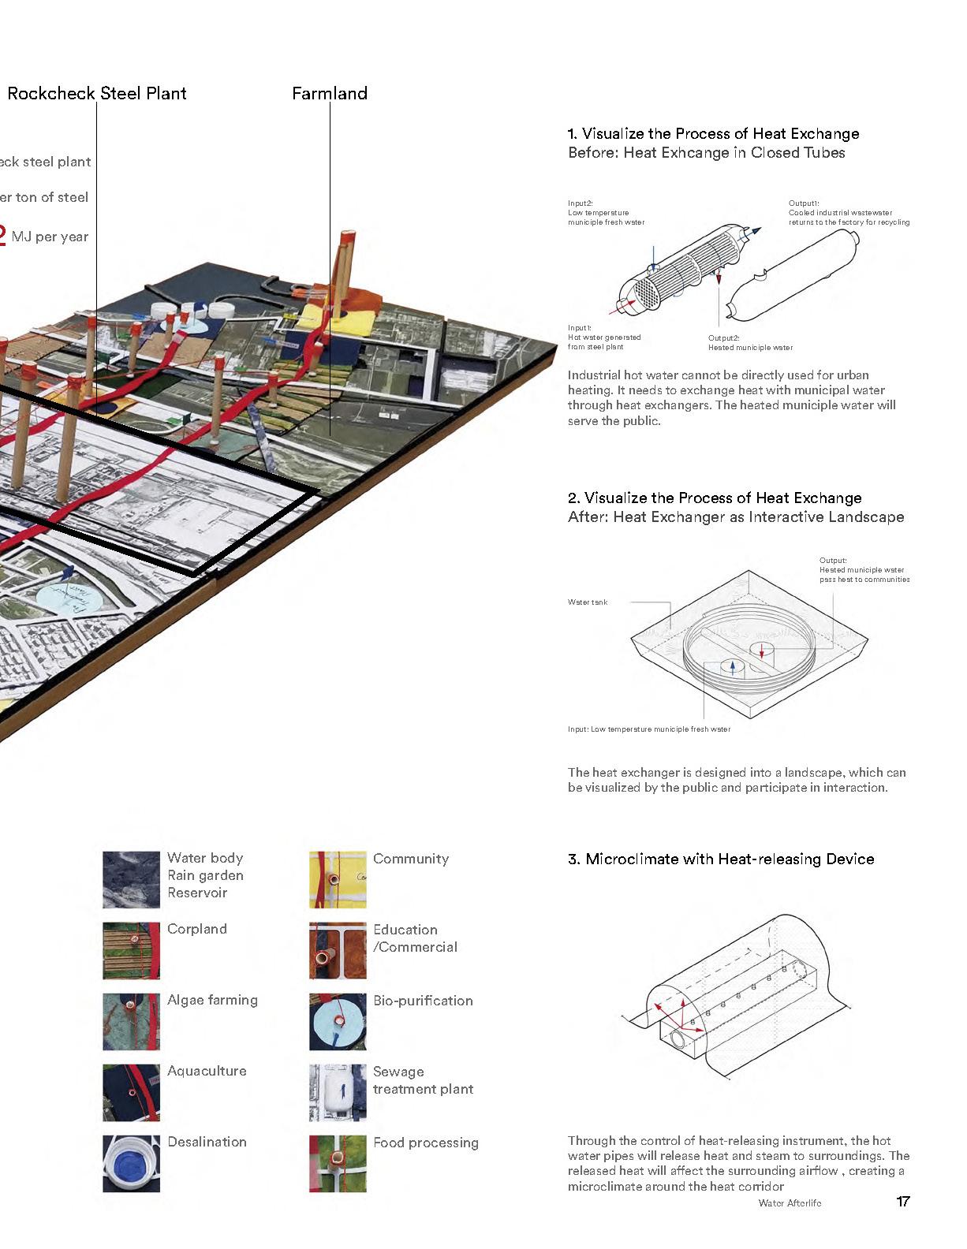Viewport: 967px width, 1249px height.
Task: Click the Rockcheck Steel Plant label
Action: tap(97, 93)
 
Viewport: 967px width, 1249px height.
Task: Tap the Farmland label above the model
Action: tap(330, 93)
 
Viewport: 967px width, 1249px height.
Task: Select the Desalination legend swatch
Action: tap(131, 1164)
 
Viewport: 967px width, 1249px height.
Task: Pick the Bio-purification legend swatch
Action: tap(338, 1022)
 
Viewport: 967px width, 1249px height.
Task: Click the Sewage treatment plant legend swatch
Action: tap(338, 1093)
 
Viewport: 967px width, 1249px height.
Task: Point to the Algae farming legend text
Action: tap(212, 1000)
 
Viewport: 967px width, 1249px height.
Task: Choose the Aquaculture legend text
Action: tap(207, 1071)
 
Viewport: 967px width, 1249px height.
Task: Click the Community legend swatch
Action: tap(338, 879)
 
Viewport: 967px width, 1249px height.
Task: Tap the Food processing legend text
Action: tap(426, 1143)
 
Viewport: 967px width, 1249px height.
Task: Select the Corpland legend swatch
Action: tap(131, 950)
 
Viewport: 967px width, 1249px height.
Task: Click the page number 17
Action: tap(903, 1202)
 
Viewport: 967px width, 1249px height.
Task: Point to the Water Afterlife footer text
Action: tap(790, 1203)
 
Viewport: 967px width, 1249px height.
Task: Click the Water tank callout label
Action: tap(588, 602)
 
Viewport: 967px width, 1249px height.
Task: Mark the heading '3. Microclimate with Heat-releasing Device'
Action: tap(721, 859)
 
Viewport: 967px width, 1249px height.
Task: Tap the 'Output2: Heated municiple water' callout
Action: tap(750, 343)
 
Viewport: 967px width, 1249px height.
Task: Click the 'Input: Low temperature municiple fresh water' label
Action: tap(648, 729)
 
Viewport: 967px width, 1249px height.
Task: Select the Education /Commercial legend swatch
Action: tap(338, 950)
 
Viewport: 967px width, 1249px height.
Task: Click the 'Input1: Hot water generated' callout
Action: tap(604, 337)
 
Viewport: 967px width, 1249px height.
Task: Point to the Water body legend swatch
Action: tap(131, 879)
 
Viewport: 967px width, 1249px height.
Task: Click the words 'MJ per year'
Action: tap(50, 237)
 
